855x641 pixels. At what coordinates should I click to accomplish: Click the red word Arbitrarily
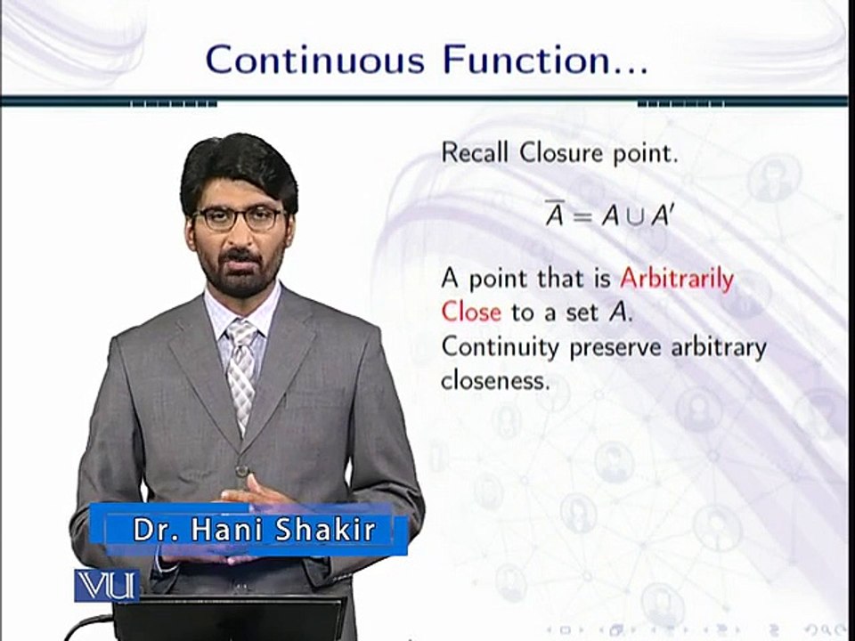pyautogui.click(x=677, y=279)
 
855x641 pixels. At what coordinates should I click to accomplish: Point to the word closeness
pyautogui.click(x=494, y=380)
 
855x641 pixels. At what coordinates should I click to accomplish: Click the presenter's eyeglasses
pyautogui.click(x=238, y=218)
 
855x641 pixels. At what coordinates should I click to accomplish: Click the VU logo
pyautogui.click(x=106, y=585)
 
